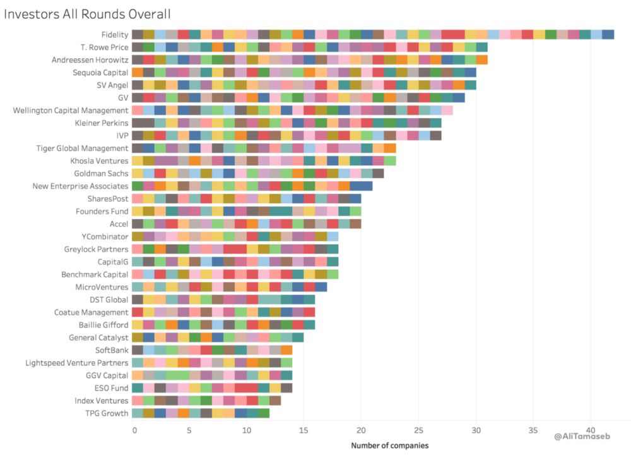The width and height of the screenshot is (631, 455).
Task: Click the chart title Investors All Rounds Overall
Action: click(87, 13)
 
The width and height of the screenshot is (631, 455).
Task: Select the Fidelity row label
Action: click(114, 34)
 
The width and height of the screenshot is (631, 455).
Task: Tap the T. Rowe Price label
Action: click(104, 47)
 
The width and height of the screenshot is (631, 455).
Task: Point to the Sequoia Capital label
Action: click(100, 72)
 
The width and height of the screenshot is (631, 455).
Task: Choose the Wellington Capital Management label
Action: click(71, 110)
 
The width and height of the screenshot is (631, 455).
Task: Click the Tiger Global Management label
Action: click(82, 148)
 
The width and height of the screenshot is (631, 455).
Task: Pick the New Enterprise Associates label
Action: click(80, 186)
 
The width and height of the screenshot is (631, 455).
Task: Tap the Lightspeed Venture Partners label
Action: click(76, 362)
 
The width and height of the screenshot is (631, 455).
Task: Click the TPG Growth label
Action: click(108, 413)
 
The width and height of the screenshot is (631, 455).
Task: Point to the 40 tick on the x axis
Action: click(591, 430)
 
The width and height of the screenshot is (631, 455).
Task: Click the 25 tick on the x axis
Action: click(418, 430)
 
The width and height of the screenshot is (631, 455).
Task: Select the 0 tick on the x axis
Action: click(134, 430)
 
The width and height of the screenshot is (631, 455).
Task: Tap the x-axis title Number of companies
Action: click(389, 446)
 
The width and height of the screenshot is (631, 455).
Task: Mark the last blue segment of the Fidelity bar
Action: click(608, 34)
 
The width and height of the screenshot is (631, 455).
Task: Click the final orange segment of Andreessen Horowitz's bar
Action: click(481, 59)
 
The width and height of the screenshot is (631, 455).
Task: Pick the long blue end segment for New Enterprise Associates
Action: click(361, 186)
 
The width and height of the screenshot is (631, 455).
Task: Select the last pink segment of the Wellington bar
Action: click(447, 110)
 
